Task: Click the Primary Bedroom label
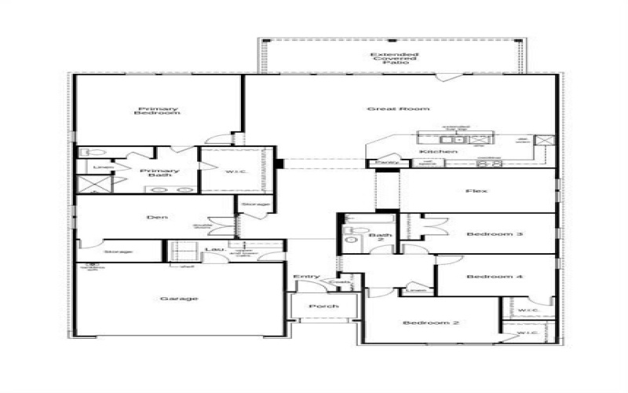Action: [x=159, y=111]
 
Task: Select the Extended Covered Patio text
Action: [x=390, y=57]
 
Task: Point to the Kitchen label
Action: [x=438, y=151]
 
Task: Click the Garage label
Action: [x=179, y=299]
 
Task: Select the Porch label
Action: [x=323, y=306]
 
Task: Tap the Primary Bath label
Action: [x=159, y=174]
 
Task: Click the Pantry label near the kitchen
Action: [x=385, y=162]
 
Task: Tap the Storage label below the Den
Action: [x=117, y=252]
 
